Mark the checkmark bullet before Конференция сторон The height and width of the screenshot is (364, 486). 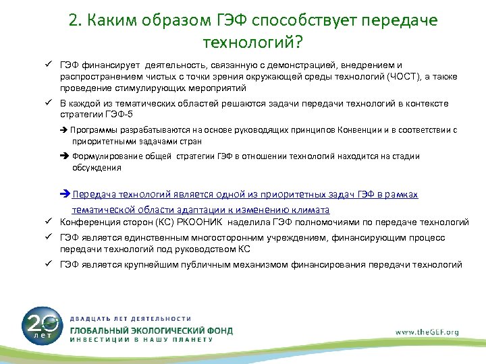click(51, 221)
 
